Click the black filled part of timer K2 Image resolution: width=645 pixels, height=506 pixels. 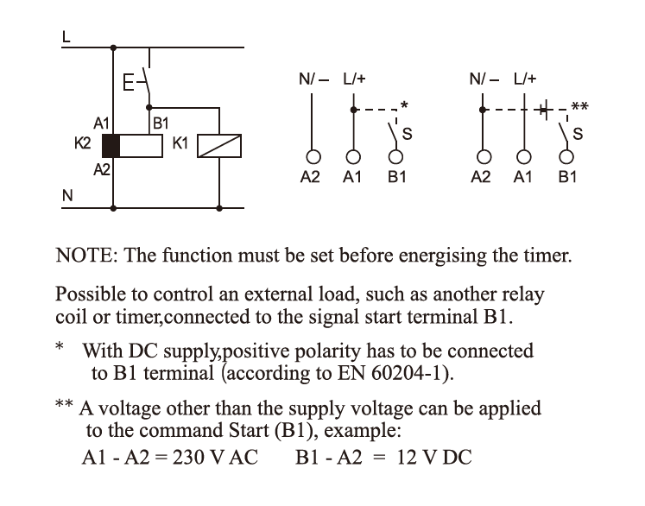click(x=111, y=146)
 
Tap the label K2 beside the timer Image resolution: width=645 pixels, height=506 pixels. click(x=82, y=143)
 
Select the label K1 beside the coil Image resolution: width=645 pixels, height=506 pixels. click(x=180, y=143)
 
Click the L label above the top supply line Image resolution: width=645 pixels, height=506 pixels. click(x=66, y=37)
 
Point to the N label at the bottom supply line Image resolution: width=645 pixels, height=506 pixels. click(x=67, y=195)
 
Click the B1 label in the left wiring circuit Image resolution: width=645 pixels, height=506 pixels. click(x=161, y=123)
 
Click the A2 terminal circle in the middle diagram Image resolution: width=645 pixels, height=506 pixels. click(x=313, y=157)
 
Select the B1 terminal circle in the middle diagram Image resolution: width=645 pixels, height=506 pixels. click(x=395, y=157)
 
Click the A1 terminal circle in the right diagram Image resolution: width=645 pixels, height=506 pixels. click(x=523, y=157)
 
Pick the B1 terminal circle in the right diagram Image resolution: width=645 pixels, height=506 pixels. click(x=566, y=157)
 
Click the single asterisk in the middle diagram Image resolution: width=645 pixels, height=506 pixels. click(x=404, y=104)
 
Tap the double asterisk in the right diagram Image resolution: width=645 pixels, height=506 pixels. click(x=580, y=106)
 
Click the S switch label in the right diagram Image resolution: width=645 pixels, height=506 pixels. click(x=578, y=134)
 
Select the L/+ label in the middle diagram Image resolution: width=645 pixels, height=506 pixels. click(x=354, y=79)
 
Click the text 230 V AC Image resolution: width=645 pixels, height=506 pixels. click(x=215, y=458)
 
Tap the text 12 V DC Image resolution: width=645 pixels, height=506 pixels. click(x=434, y=458)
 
